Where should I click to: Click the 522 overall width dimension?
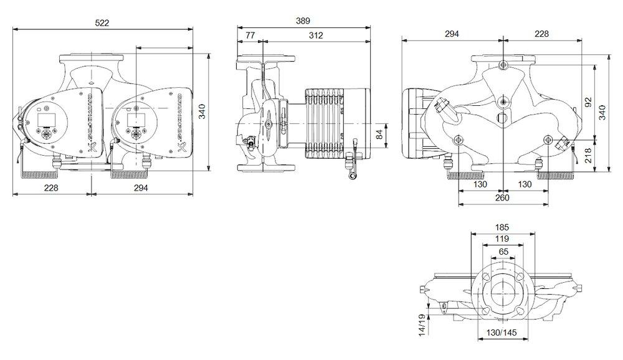(x=102, y=22)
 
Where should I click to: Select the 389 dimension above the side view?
(x=303, y=21)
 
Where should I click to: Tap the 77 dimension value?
(x=250, y=36)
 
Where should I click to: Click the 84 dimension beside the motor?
(x=379, y=133)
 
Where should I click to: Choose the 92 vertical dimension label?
(x=588, y=101)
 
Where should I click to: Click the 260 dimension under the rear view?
(x=502, y=198)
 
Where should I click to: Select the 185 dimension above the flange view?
(x=502, y=228)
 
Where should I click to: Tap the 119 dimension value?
(x=502, y=239)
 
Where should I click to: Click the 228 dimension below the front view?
(x=52, y=187)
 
